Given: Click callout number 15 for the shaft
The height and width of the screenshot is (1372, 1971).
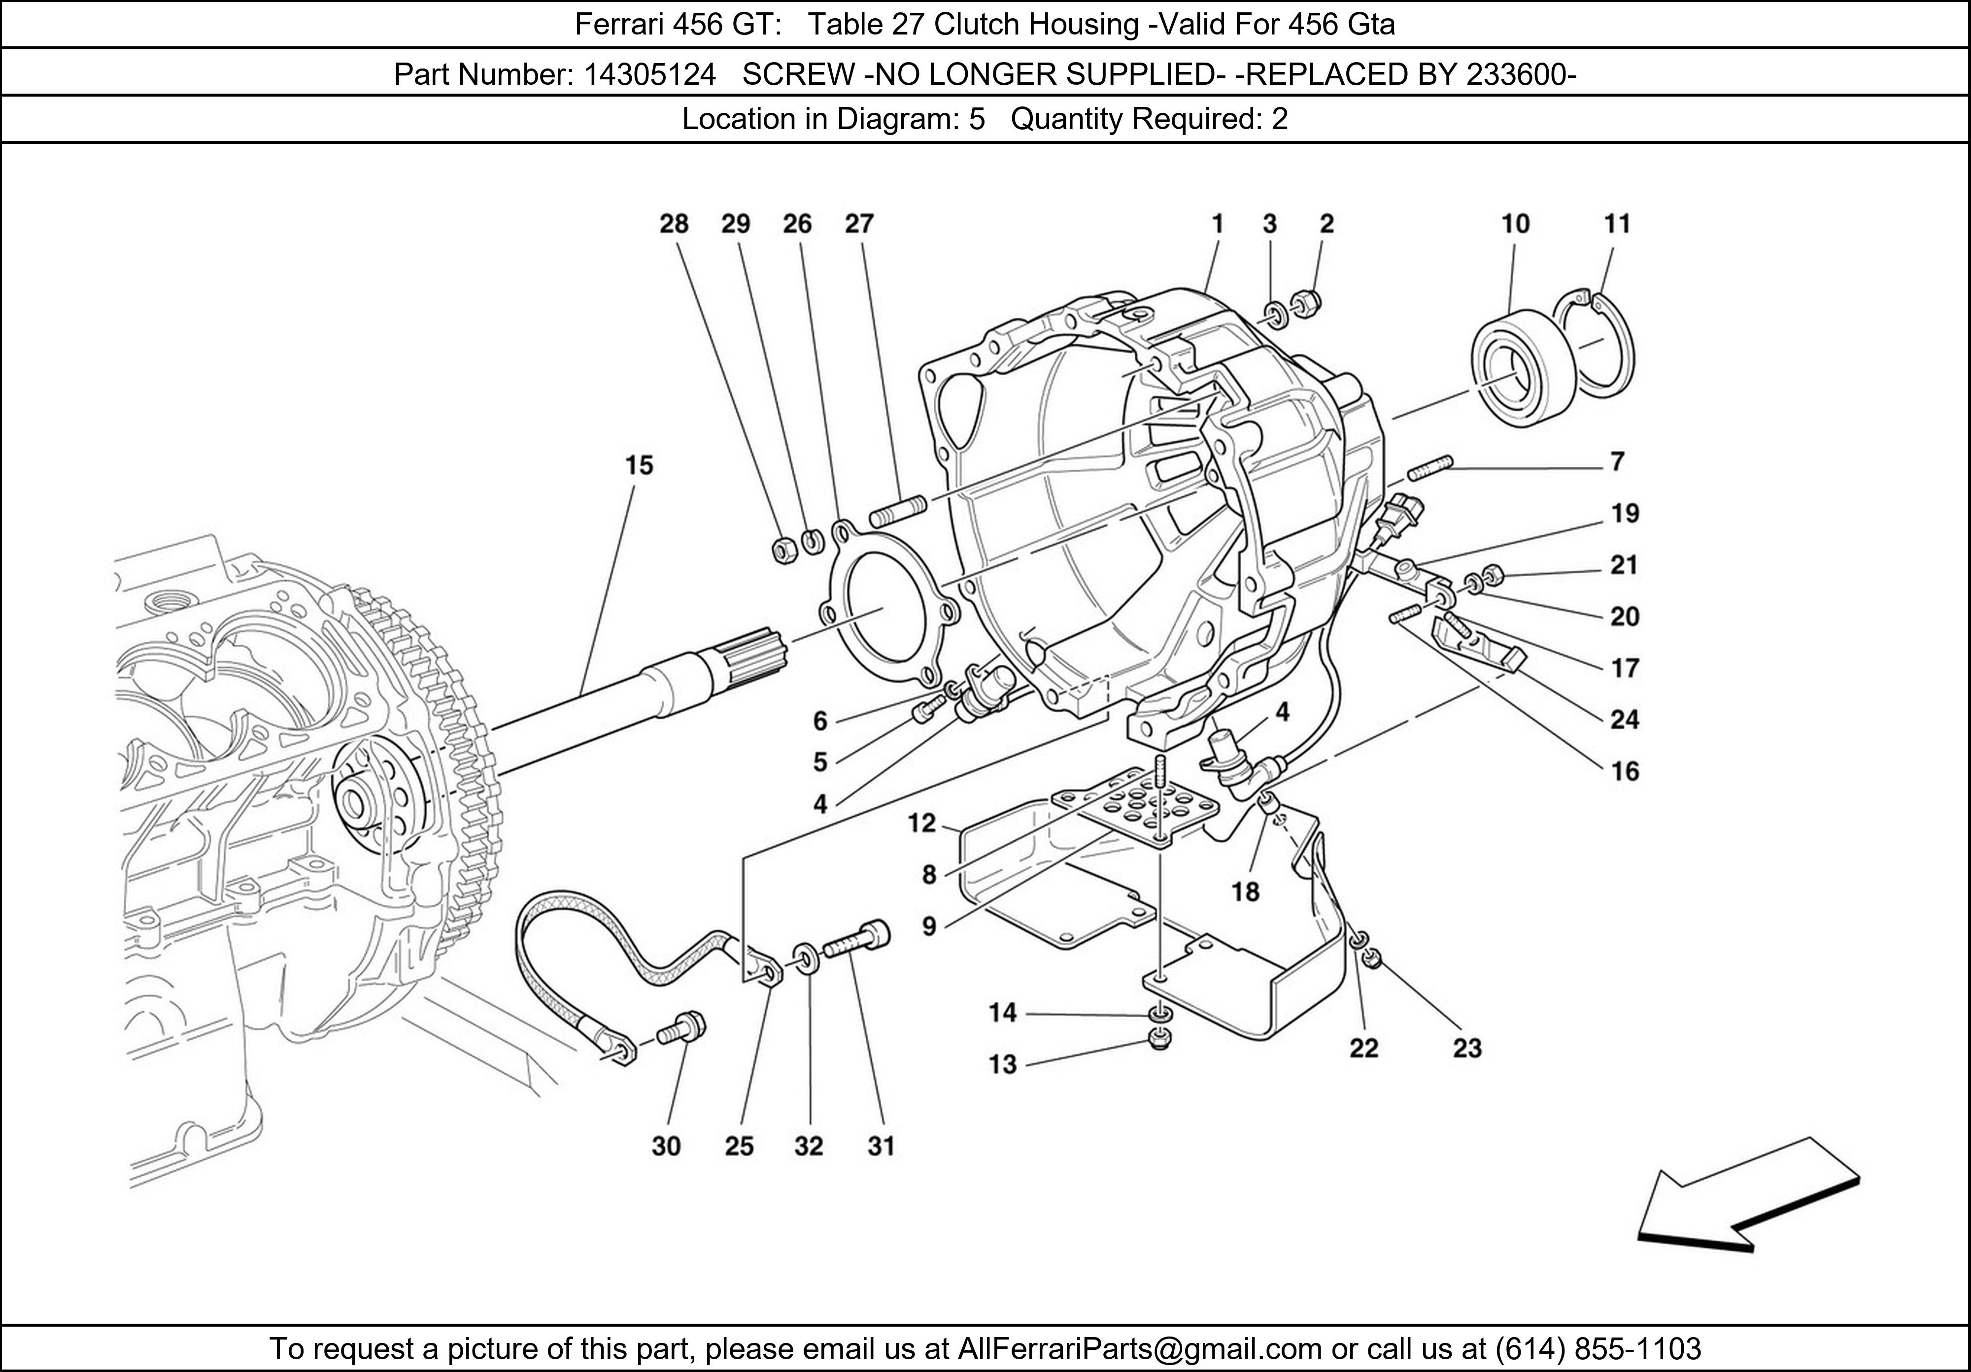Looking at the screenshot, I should point(639,465).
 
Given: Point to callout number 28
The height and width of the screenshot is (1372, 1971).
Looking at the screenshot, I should point(674,224).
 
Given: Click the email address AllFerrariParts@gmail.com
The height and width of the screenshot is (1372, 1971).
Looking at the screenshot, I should point(1139,1349).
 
